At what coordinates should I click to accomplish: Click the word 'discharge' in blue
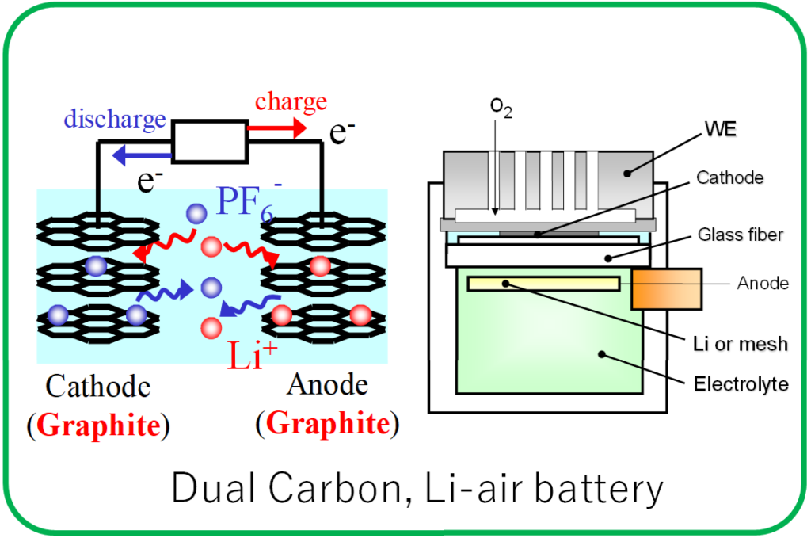115,120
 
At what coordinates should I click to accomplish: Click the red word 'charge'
291,102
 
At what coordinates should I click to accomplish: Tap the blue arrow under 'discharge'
143,155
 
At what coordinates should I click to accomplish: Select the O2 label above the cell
501,107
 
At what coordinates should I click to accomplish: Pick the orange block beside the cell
666,289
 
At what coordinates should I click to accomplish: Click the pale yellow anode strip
543,284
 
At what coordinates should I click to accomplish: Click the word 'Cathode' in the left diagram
98,387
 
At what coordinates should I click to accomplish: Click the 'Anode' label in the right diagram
762,283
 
